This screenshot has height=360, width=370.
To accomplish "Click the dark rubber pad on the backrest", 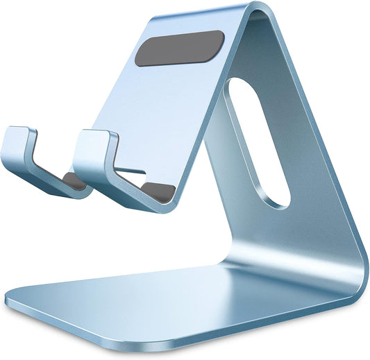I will [179, 49].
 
